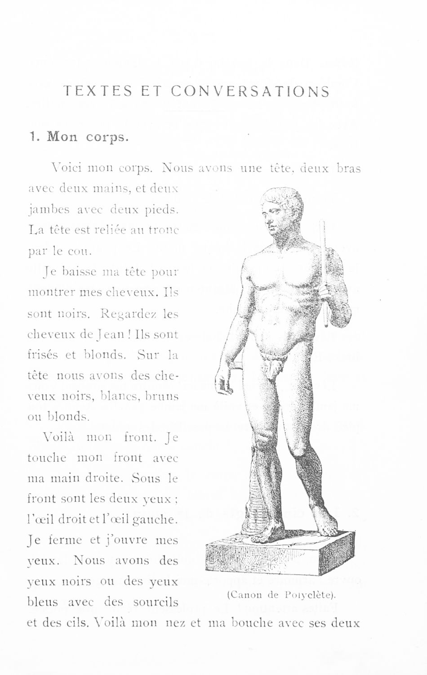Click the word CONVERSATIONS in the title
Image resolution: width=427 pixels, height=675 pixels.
250,92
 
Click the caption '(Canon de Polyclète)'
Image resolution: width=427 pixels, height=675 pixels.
282,595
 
